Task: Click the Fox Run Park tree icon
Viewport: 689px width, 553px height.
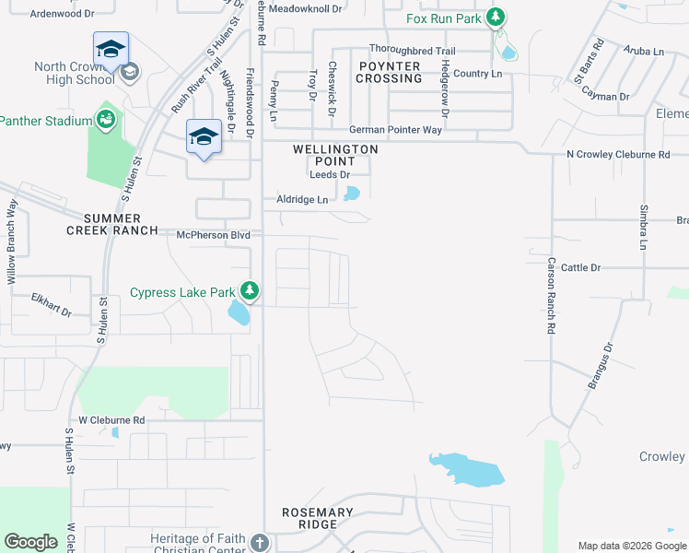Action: tap(496, 18)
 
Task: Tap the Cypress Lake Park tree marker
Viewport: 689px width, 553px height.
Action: tap(249, 292)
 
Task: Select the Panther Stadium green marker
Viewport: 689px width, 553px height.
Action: tap(107, 120)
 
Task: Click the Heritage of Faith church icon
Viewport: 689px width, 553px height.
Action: tap(260, 541)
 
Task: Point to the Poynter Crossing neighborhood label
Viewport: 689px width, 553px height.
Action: tap(389, 73)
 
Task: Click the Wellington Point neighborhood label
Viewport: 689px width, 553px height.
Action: tap(335, 155)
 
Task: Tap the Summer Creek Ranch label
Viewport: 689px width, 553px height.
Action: tap(121, 224)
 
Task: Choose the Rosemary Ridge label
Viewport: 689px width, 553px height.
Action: tap(318, 518)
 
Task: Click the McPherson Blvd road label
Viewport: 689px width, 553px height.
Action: tap(214, 235)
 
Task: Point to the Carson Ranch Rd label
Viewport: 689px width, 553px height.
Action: tap(551, 295)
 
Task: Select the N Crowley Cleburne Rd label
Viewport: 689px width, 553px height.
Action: tap(618, 155)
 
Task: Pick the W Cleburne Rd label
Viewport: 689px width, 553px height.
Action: tap(111, 420)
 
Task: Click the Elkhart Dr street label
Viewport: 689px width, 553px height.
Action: tap(51, 306)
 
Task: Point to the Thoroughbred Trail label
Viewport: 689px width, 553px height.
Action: tap(413, 49)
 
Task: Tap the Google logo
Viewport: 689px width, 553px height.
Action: tap(31, 542)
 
